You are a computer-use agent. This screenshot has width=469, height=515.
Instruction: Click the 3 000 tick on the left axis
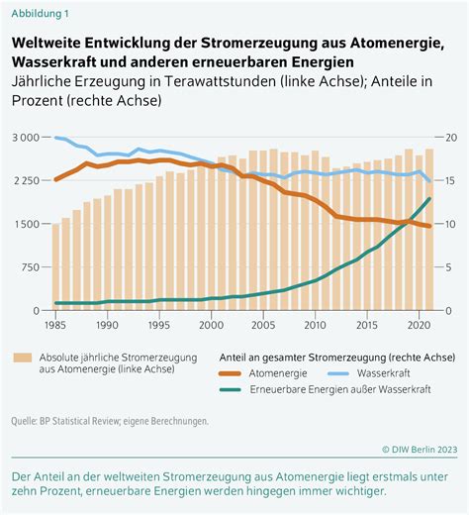26,138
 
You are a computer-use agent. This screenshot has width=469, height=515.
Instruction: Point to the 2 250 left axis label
26,180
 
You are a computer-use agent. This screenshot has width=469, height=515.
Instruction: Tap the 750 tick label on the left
31,267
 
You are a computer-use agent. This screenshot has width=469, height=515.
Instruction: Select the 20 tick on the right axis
451,138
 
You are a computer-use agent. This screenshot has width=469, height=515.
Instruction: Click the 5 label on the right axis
448,267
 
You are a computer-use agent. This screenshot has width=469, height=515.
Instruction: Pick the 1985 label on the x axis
55,325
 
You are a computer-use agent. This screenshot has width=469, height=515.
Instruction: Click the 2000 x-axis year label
211,325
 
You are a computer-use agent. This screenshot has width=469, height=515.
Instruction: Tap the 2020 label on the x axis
419,325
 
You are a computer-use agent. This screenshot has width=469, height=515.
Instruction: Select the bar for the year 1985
55,267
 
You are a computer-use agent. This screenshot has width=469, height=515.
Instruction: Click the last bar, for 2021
429,230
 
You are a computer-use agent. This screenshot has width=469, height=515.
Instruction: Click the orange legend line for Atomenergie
230,373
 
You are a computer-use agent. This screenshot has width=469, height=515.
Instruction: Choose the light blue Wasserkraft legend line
338,373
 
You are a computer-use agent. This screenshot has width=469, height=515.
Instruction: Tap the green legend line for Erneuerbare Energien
230,389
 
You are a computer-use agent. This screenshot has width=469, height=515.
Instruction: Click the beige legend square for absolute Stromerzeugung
23,358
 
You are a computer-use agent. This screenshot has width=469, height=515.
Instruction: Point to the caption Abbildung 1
41,14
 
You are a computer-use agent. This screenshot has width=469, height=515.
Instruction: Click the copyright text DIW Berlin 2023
420,450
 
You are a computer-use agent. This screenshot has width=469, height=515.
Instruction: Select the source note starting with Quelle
110,421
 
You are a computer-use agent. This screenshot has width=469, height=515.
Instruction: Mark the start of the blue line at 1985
55,138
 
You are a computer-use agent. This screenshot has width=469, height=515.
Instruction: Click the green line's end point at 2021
429,198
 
